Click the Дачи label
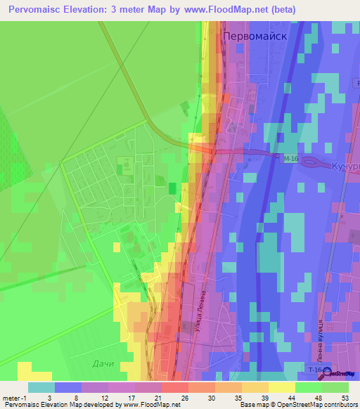click(103, 363)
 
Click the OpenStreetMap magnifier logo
click(328, 373)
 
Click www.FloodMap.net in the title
click(227, 10)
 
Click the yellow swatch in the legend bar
click(281, 387)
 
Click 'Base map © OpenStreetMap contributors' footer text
click(297, 405)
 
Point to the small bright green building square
click(172, 188)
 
